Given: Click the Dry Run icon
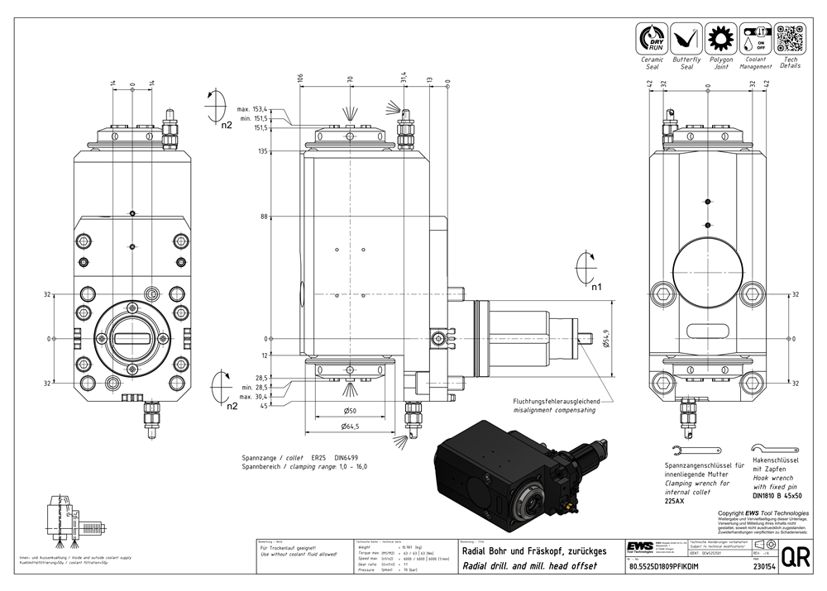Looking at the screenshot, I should coord(653,39).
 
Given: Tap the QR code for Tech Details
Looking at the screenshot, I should coord(790,39).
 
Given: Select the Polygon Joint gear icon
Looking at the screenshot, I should coord(721,39).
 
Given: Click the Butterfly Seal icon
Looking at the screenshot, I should coord(686,39).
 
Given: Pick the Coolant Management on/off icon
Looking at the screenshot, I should coord(756,39).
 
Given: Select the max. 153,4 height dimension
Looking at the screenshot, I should coord(256,109).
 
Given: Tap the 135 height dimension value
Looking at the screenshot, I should coord(264,151).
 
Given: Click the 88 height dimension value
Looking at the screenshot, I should coord(265,217).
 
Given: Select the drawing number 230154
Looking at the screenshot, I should coord(765,567).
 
